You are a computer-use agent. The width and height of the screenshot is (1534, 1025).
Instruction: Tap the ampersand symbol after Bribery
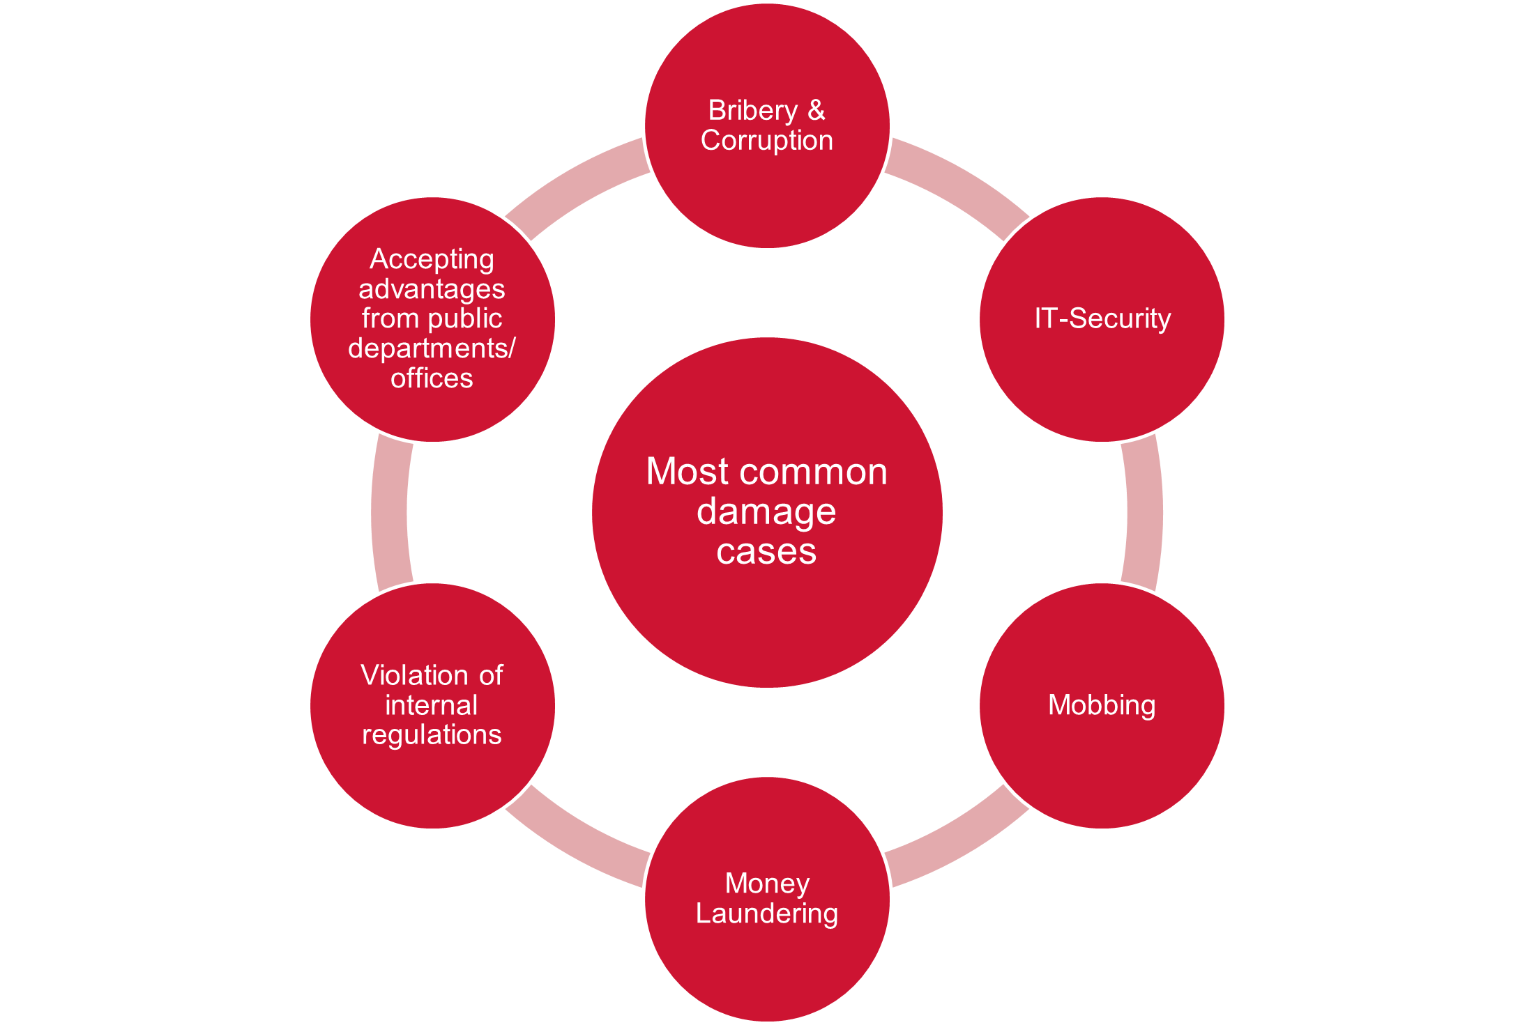click(x=817, y=111)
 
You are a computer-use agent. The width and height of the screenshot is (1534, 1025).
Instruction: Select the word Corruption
click(x=767, y=141)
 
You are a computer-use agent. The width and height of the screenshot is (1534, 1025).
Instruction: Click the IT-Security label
click(x=1102, y=318)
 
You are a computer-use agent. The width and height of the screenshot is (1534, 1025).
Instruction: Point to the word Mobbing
click(x=1102, y=705)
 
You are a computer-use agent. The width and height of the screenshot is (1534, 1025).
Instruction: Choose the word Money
click(x=767, y=884)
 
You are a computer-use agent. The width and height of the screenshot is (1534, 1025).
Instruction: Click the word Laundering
click(x=767, y=914)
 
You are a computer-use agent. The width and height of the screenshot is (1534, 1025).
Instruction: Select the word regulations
click(x=432, y=735)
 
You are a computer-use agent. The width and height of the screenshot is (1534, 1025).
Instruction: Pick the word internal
click(x=432, y=705)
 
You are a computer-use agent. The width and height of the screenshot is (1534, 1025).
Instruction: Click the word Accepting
click(x=432, y=259)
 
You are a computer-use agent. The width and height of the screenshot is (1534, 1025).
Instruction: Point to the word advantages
click(x=432, y=289)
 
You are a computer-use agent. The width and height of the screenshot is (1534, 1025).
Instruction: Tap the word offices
click(x=432, y=378)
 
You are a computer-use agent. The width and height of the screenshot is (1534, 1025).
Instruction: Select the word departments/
click(x=432, y=348)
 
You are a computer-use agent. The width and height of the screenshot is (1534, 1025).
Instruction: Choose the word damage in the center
click(x=766, y=512)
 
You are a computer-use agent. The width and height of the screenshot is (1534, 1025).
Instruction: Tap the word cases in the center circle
click(x=766, y=552)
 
